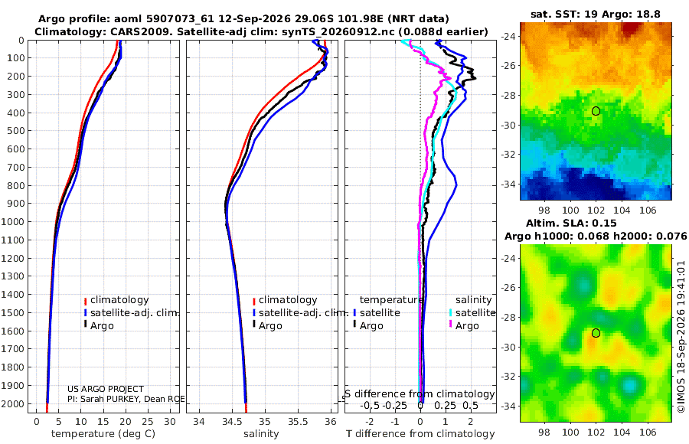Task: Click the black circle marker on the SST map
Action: pos(596,111)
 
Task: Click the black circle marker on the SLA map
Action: pos(596,333)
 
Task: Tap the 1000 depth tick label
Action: pos(13,221)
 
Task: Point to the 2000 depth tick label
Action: pos(13,403)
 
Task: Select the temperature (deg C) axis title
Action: pos(103,434)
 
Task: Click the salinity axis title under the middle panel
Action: pos(261,434)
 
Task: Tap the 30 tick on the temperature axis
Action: pos(170,422)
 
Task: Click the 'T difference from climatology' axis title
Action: pos(420,434)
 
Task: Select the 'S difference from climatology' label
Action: pos(420,393)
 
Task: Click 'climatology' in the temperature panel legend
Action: pos(119,300)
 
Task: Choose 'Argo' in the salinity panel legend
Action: pos(270,326)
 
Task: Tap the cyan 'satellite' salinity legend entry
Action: pos(475,312)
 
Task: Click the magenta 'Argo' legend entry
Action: pos(467,326)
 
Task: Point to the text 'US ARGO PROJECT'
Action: pos(106,389)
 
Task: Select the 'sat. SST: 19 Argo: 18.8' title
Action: pos(596,14)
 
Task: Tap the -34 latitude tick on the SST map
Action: pos(508,184)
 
